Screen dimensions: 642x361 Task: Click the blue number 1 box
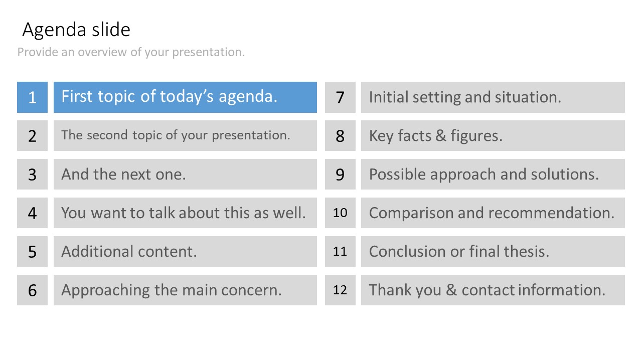pos(33,97)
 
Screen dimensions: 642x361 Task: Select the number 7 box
pos(340,97)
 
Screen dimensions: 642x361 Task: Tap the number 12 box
pos(340,290)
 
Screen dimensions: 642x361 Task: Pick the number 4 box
pos(33,213)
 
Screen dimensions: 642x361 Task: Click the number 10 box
pos(340,213)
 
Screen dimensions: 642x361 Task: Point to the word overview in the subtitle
pos(102,52)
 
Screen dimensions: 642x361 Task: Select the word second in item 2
pos(107,135)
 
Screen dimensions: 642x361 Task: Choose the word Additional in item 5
pos(97,251)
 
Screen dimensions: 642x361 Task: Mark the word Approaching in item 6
pos(105,290)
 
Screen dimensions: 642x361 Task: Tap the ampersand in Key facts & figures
pos(441,135)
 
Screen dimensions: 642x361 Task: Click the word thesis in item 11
pos(527,251)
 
